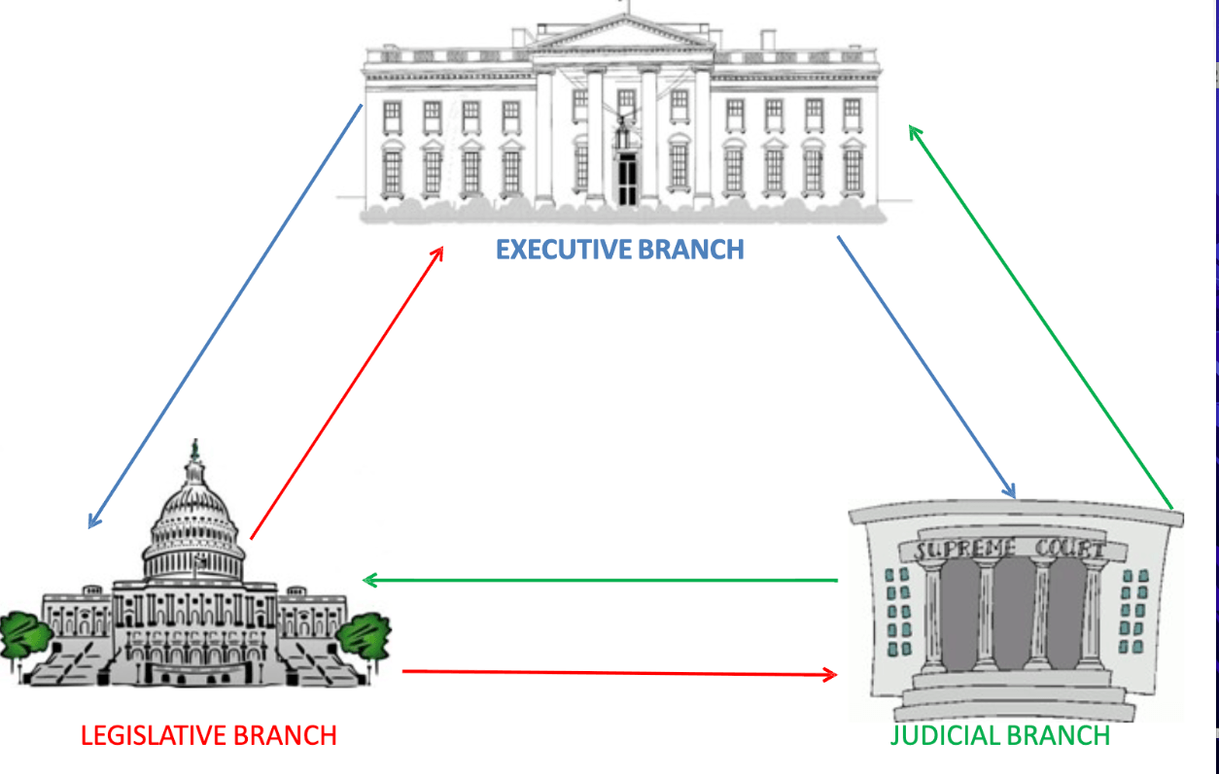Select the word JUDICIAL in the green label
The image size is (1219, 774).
pyautogui.click(x=942, y=735)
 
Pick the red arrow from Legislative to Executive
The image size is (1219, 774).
pyautogui.click(x=347, y=392)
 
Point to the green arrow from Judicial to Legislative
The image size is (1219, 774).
pyautogui.click(x=601, y=581)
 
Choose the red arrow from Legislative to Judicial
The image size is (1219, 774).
pyautogui.click(x=619, y=672)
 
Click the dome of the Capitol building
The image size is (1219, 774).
pyautogui.click(x=194, y=520)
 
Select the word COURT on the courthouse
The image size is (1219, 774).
pyautogui.click(x=1069, y=549)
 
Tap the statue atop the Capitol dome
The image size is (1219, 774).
pyautogui.click(x=195, y=449)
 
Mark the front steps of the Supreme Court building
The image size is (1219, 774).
pyautogui.click(x=1012, y=693)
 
